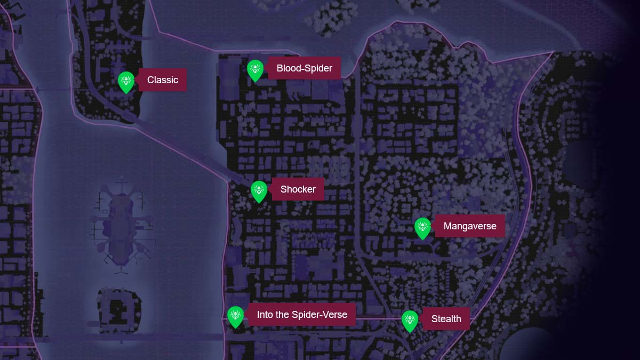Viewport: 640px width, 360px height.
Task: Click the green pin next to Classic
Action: coord(126,82)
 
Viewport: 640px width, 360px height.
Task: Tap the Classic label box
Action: coord(163,80)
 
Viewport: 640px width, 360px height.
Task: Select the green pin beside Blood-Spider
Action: coord(255,70)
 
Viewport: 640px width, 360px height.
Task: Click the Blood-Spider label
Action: coord(304,68)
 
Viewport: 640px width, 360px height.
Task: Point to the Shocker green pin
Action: coord(259,191)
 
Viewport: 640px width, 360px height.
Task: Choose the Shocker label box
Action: coord(298,189)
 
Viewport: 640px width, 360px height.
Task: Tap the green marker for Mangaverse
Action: coord(423,228)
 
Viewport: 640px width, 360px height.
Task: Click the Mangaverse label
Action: coord(469,226)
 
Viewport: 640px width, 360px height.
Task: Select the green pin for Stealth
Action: coord(410,321)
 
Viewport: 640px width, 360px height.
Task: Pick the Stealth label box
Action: coord(446,319)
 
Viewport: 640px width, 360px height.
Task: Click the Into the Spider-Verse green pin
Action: coord(236,316)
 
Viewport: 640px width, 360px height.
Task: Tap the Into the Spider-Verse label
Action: coord(302,315)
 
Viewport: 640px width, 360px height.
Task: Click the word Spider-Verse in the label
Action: coord(319,315)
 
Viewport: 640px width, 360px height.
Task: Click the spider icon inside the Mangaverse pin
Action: coord(423,226)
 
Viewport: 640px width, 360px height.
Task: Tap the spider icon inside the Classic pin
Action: coord(126,80)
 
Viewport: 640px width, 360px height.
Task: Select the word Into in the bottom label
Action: coord(265,315)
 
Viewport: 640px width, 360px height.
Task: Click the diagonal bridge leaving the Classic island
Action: coord(181,149)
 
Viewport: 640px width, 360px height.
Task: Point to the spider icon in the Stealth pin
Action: coord(410,319)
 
